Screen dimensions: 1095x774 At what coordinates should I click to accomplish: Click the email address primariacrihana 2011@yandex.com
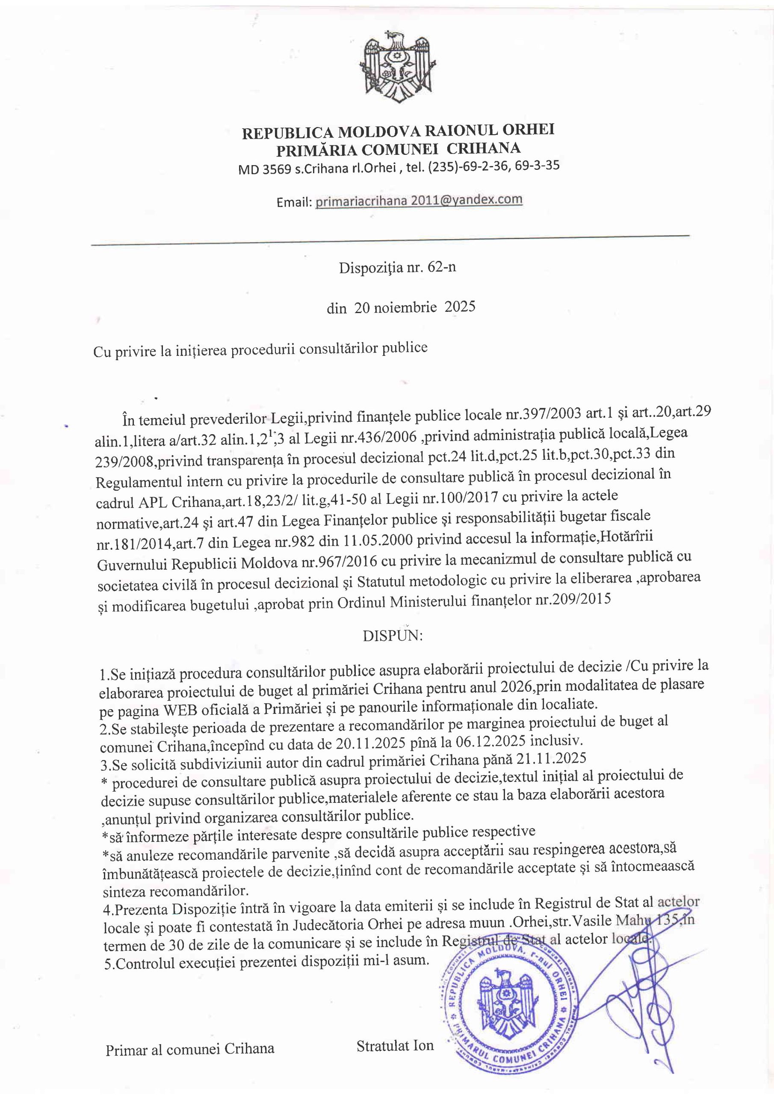[419, 200]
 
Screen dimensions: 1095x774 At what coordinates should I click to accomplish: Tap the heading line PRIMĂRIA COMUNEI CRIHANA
[398, 149]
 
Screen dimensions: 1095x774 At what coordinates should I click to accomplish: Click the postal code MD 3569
[264, 170]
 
